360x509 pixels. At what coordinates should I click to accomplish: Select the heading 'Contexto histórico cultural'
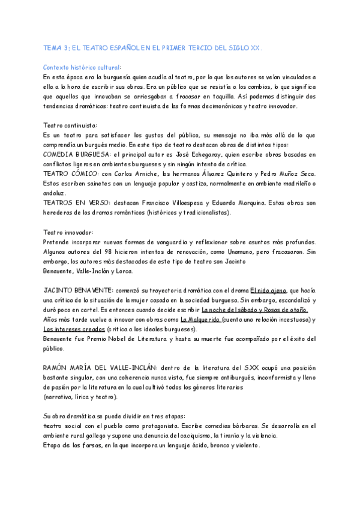pos(81,67)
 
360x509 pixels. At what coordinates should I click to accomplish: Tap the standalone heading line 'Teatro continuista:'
pos(70,125)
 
